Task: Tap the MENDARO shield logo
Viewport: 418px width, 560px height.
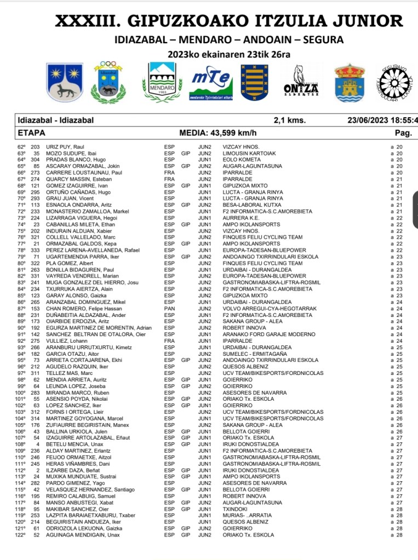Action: tap(162, 82)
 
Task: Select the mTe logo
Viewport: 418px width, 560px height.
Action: tap(211, 83)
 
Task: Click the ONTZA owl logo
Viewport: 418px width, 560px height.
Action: tap(301, 83)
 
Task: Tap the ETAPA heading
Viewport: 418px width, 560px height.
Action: tap(31, 132)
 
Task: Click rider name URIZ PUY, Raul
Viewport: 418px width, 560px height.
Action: tap(64, 147)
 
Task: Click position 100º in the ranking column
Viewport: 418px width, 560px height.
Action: tap(20, 392)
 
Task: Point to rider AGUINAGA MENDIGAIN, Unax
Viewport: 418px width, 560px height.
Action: tap(79, 535)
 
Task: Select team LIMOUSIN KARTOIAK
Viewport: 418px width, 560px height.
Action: tap(249, 154)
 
